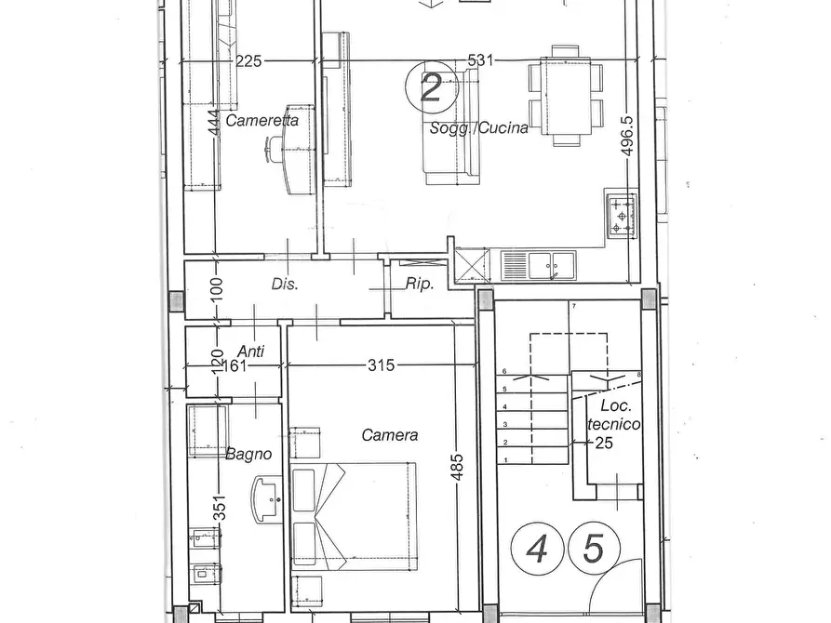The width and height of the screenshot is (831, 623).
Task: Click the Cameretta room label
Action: tap(261, 120)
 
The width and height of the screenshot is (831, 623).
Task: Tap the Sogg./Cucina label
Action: tap(479, 127)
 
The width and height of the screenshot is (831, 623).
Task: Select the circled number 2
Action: tap(432, 86)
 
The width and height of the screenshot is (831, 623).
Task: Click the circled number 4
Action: tap(537, 549)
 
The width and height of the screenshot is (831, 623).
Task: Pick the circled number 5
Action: tap(594, 549)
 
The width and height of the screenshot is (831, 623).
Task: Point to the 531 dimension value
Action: tap(480, 60)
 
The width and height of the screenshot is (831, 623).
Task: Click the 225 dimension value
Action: tap(248, 61)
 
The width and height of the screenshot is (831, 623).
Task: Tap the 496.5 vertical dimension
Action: tap(627, 136)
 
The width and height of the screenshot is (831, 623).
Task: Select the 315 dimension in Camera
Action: tap(381, 365)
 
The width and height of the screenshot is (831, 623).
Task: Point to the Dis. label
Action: tap(285, 284)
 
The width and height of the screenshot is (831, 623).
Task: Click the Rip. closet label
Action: tap(420, 284)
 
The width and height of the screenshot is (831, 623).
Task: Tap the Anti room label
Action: tap(250, 351)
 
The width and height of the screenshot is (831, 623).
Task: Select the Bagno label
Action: tap(248, 454)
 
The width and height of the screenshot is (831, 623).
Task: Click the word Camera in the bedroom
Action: tap(390, 435)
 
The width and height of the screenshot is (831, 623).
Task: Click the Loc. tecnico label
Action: tap(613, 415)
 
